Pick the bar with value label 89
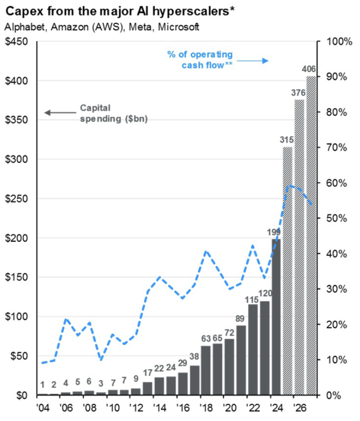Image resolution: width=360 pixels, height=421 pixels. click(x=242, y=360)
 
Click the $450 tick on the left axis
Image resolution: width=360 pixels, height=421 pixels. click(x=16, y=42)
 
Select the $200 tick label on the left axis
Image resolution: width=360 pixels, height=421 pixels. click(x=16, y=238)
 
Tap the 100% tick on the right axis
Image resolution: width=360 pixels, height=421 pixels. click(x=335, y=42)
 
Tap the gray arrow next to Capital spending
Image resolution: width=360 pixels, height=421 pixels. click(x=59, y=113)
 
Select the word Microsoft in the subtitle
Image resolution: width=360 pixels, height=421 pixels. click(x=179, y=27)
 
